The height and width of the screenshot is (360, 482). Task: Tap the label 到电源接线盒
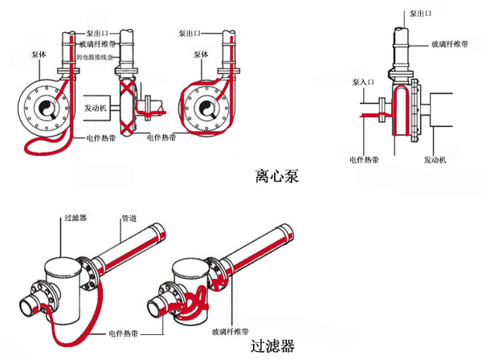point(99,58)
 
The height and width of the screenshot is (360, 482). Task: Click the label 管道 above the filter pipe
point(129,217)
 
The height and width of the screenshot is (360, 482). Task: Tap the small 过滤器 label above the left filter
point(75,217)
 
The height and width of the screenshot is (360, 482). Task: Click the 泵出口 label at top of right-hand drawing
point(423,14)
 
